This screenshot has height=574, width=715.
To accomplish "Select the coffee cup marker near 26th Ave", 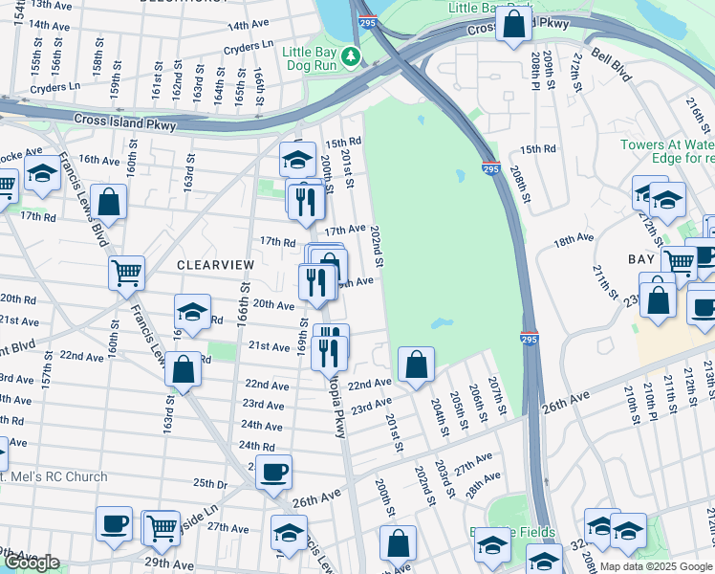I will pos(273,471).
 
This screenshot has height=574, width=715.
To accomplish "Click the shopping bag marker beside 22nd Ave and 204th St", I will pos(416,364).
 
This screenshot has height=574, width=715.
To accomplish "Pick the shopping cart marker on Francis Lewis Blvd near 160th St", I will pos(126,274).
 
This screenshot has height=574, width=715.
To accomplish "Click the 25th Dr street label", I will pos(211,482).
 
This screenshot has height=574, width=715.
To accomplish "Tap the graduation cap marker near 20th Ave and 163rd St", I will pos(192,312).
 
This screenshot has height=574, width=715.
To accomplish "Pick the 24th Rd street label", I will pos(256,446).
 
